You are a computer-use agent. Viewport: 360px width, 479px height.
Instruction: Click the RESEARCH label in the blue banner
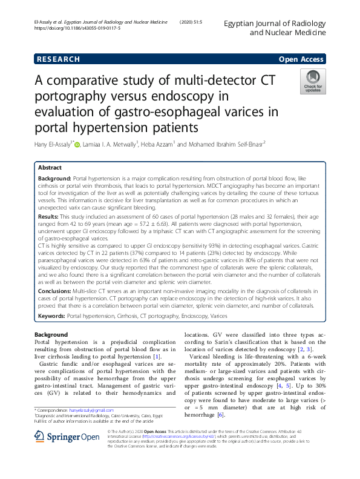click(x=58, y=59)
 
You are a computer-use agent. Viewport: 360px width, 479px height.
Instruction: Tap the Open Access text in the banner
click(x=301, y=59)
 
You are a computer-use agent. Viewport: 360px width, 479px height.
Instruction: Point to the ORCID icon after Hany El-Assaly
click(x=77, y=144)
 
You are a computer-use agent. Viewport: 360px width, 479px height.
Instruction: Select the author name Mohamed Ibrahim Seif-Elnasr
click(x=231, y=144)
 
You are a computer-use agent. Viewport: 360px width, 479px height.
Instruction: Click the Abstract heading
click(x=50, y=167)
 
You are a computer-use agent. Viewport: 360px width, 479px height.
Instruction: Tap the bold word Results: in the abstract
click(x=48, y=216)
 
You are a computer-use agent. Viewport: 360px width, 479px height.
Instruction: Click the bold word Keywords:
click(x=51, y=315)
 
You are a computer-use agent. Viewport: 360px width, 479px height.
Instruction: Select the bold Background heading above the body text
click(x=51, y=334)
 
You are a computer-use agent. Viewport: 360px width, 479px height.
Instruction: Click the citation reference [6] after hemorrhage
click(x=220, y=414)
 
